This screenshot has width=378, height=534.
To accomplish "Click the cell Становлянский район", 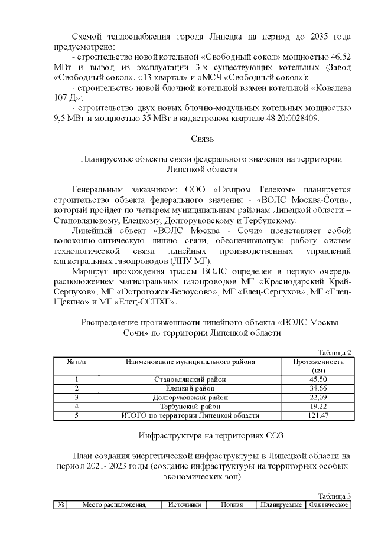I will [189, 379].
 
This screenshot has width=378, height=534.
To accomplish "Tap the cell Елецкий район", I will [189, 388].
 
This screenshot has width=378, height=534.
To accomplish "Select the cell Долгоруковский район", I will [189, 397].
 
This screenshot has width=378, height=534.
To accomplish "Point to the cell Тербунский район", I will [189, 406].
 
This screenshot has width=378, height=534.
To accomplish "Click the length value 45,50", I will [318, 379].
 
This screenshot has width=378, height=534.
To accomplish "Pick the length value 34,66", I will [318, 388].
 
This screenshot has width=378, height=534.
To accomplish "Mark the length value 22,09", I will [318, 397].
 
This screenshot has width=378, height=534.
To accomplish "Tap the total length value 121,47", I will [318, 415].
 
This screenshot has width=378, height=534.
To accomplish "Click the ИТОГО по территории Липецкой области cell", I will [189, 415].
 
